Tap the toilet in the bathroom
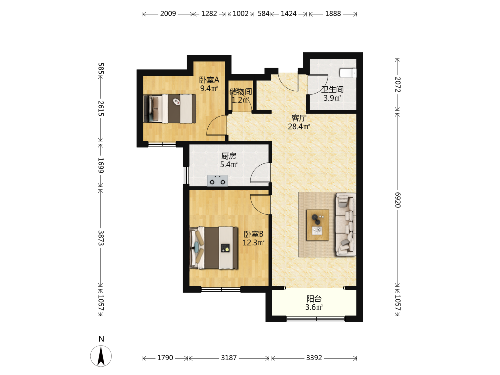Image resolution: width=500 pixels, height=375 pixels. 348,73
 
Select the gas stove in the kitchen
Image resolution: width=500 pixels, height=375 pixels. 218,181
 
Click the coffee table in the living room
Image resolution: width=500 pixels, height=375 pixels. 318,225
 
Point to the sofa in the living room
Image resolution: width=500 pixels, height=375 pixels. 345,225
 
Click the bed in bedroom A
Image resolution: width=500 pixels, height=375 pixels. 169,108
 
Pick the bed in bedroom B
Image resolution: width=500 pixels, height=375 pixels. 214,248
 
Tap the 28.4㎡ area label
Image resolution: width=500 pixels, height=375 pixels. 299,127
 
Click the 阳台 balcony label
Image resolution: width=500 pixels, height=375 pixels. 314,299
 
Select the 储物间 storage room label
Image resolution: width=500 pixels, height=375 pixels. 241,92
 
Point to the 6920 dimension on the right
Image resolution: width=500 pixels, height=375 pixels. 397,200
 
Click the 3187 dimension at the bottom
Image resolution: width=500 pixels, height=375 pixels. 229,358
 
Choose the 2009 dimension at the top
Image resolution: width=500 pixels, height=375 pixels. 168,13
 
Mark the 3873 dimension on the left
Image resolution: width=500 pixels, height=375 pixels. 101,238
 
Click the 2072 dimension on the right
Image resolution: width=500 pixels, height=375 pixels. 397,84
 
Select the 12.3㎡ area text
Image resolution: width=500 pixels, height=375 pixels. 254,243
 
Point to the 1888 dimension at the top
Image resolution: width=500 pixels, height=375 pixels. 333,13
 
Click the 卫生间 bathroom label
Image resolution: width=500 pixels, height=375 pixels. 332,90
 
